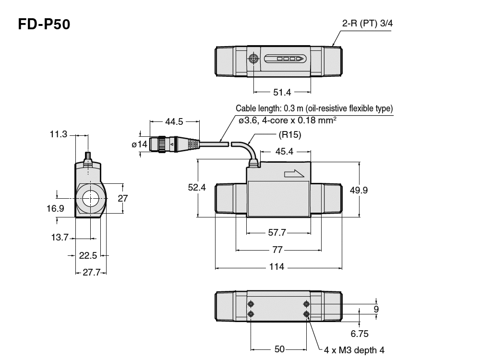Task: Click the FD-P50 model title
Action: click(44, 24)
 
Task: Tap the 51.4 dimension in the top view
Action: click(282, 92)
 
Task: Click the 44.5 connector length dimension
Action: click(175, 122)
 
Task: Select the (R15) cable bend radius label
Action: click(289, 135)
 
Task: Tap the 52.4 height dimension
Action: click(197, 188)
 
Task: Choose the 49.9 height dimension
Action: click(359, 190)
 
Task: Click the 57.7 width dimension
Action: click(277, 232)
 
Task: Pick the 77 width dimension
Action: click(277, 250)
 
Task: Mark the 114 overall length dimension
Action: click(277, 266)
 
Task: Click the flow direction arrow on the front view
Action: click(294, 173)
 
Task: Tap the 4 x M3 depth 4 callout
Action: click(354, 350)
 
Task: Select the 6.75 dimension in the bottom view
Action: click(359, 333)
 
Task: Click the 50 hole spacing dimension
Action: click(279, 349)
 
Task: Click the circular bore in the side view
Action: click(89, 198)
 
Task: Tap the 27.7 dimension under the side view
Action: click(91, 272)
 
